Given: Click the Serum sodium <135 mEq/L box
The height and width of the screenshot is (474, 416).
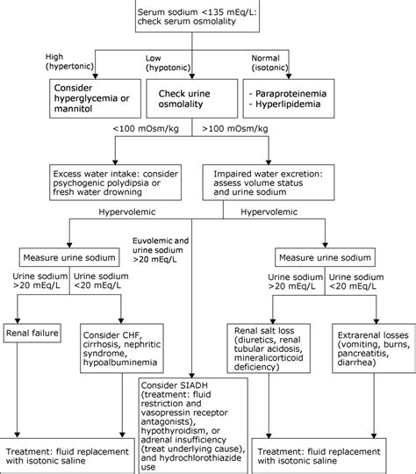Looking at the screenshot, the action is pos(197,16).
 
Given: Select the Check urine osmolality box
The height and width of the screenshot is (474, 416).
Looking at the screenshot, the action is pos(192,98).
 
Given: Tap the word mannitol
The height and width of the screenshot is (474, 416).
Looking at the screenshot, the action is pos(73,109).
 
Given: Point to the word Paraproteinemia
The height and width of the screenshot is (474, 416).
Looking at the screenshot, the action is pos(290,94).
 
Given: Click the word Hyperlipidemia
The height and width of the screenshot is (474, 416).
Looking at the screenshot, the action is pos(288,104).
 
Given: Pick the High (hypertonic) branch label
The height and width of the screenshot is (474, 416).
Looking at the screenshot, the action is pos(69,61).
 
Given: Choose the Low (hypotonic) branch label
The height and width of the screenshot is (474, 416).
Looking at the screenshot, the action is pos(169,63).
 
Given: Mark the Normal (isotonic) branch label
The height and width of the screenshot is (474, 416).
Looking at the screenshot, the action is pos(269,63).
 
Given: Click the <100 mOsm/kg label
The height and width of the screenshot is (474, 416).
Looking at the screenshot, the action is pos(146,129).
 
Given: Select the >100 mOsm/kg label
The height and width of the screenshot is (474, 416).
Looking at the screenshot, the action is pos(235,129).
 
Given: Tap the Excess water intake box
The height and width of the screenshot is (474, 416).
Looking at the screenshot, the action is pos(116,183).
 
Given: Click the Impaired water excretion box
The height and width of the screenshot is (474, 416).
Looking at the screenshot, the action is pos(269,183).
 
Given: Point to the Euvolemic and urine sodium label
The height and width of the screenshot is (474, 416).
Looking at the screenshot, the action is pos(161,250).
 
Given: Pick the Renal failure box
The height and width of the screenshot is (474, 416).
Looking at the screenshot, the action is pos(32,334).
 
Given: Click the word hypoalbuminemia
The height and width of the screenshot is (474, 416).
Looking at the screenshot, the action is pos(120,363).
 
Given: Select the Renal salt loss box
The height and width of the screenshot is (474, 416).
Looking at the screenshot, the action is pos(269,348).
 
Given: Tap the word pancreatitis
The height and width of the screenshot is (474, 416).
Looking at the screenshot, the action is pos(363,354).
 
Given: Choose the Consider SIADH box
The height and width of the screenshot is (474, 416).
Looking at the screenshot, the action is pos(193,426).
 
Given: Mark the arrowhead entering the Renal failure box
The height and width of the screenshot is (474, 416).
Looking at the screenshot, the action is pos(18,321).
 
